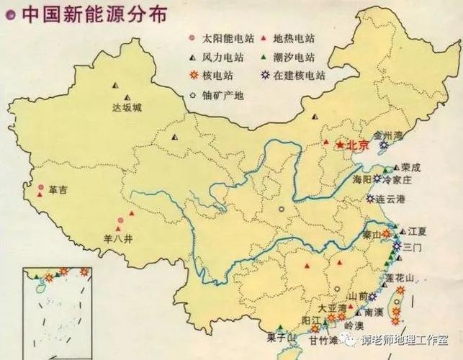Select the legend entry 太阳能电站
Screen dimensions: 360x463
pos(219,38)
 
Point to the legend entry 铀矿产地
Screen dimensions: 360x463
pos(219,94)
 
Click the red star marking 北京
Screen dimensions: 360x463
pos(341,145)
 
